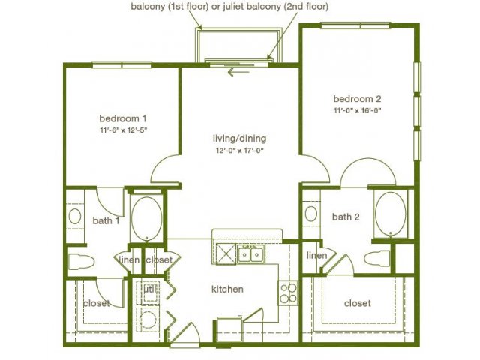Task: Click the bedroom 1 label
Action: (x=123, y=118)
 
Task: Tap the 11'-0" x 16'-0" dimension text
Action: (x=357, y=110)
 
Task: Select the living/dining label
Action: (x=240, y=139)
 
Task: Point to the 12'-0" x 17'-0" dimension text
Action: (x=240, y=151)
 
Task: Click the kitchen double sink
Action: (x=251, y=253)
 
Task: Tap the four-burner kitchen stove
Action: (x=288, y=292)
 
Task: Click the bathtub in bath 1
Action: (x=147, y=218)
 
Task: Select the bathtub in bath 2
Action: (x=391, y=214)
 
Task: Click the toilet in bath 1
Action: (x=81, y=262)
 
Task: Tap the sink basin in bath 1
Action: (x=75, y=217)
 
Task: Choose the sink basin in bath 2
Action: (x=311, y=214)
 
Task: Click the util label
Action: (x=150, y=289)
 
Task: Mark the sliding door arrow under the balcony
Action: (x=238, y=73)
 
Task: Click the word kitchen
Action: (x=227, y=289)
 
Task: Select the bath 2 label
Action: (x=346, y=217)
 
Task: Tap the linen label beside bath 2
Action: (x=316, y=255)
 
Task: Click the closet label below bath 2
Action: (x=358, y=303)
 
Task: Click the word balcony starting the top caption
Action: (x=148, y=7)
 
